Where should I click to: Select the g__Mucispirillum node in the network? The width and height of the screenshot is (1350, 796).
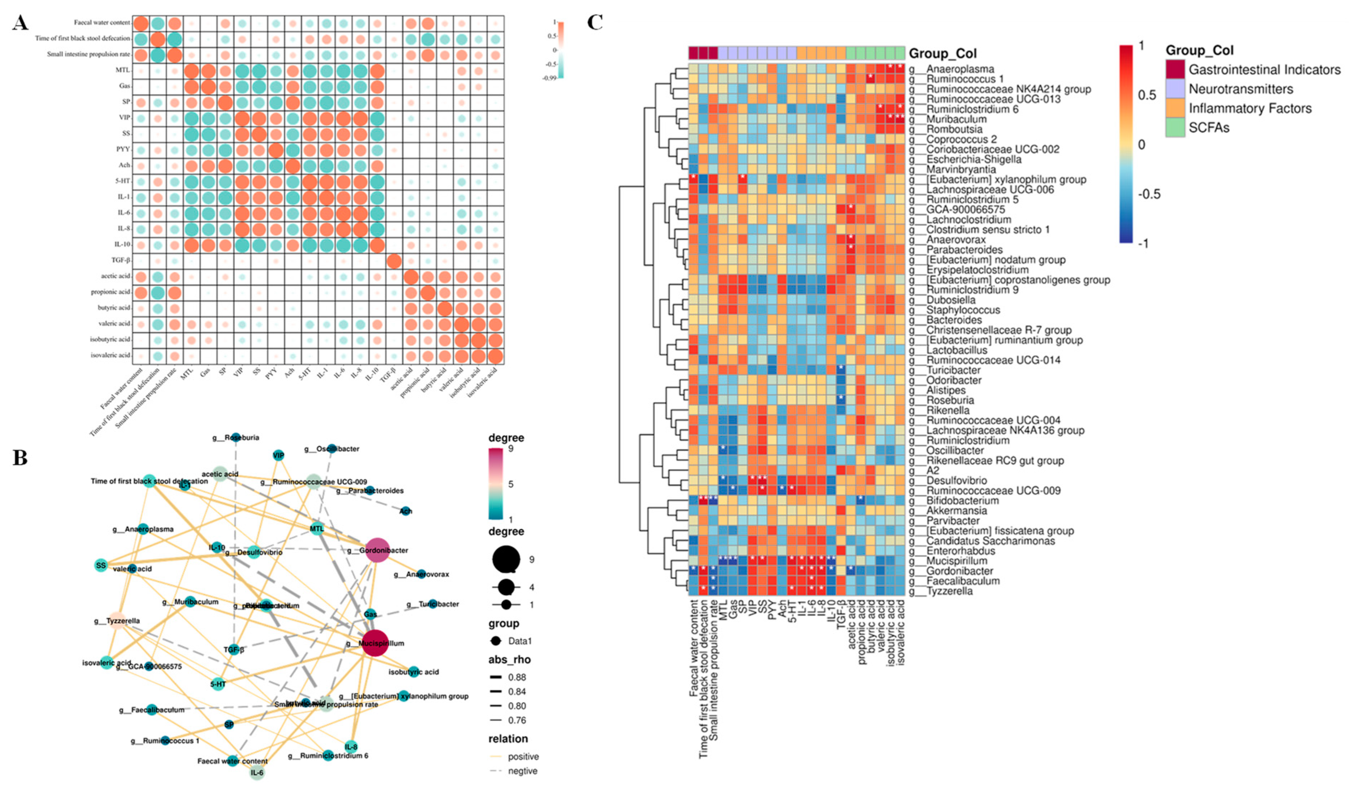[x=379, y=643]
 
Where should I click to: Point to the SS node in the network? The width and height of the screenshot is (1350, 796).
[x=101, y=565]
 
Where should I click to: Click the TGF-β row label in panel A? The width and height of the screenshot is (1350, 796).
[x=121, y=260]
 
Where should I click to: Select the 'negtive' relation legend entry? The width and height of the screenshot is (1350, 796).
[x=522, y=771]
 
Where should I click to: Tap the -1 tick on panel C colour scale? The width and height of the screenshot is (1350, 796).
[x=1143, y=244]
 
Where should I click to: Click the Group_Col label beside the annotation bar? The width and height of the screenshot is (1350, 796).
[x=942, y=54]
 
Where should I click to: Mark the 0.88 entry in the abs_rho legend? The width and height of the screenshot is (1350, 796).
[x=517, y=677]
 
